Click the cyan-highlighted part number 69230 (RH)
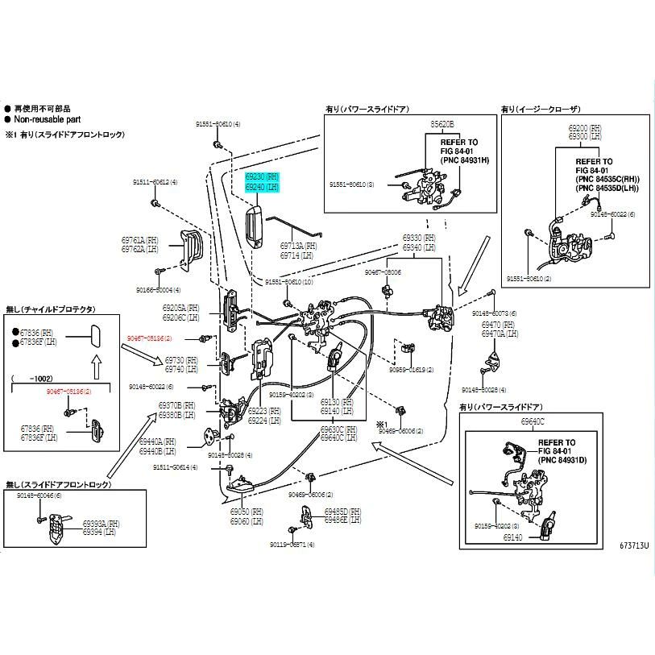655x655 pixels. tap(261, 176)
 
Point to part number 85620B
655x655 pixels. tap(442, 125)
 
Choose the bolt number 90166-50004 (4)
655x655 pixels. tap(158, 289)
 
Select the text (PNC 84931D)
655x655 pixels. tap(567, 460)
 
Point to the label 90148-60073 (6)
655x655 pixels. tap(499, 313)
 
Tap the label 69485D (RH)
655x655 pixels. tap(346, 512)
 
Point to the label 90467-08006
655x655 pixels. tap(383, 272)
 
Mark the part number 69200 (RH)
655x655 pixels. tap(584, 128)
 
